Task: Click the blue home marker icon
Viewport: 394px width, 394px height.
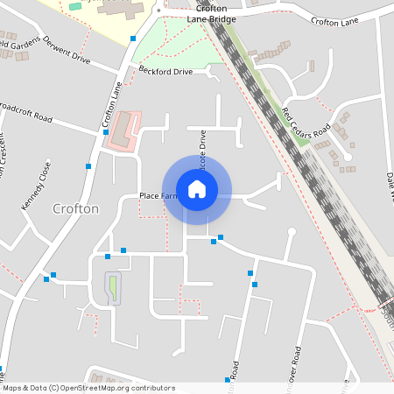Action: [197, 188]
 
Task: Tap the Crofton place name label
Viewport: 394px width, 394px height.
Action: [76, 208]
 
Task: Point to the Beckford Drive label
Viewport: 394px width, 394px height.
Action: [165, 72]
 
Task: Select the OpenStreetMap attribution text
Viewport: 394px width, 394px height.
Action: [88, 388]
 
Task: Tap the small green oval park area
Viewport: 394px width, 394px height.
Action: [112, 288]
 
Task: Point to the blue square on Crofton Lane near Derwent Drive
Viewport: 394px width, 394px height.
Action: [132, 39]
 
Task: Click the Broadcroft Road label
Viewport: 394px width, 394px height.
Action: [26, 118]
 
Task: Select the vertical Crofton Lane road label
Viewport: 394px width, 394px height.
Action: [110, 104]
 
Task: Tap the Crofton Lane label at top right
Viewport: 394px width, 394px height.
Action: [335, 21]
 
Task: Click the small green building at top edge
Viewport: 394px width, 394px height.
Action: [75, 6]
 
